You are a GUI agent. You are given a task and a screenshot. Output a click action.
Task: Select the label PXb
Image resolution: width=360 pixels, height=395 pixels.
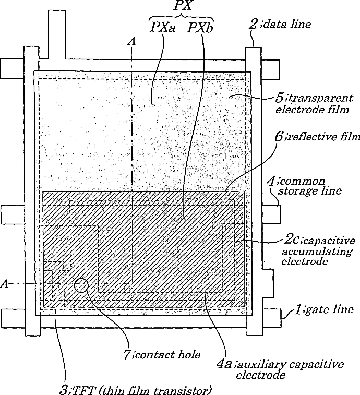point(200,27)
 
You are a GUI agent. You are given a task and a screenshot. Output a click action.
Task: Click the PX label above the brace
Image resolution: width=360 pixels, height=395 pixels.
point(182,6)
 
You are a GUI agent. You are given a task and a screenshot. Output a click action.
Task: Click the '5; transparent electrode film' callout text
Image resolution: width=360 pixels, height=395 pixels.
point(312,104)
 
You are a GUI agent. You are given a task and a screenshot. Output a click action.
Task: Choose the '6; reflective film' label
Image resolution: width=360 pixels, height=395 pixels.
point(319,137)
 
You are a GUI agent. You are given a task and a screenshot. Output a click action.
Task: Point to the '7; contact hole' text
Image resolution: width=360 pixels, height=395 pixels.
point(161,355)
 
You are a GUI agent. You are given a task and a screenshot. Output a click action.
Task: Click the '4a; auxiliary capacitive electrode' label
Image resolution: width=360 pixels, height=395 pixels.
point(281,369)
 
